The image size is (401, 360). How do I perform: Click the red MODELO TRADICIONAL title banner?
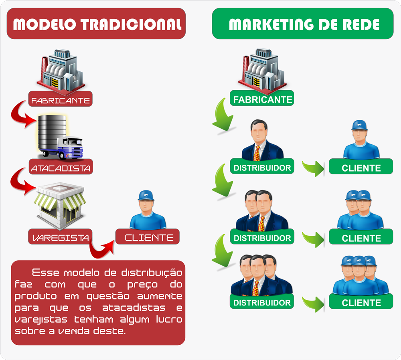point(96,24)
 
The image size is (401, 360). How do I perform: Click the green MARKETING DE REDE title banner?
point(303,24)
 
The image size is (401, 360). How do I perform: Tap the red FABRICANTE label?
point(61,99)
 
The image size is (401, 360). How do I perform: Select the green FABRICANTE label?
point(262,98)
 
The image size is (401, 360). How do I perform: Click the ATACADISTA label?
point(61,167)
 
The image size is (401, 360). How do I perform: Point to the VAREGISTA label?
point(60,237)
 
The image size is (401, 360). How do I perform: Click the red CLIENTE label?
point(148,237)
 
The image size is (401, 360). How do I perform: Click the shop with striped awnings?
point(60,205)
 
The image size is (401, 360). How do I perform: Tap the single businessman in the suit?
point(262,140)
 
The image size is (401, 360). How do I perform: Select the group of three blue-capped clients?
point(361,276)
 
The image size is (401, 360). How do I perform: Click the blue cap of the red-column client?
point(146,195)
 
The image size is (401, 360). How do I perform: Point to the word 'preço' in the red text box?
point(142,285)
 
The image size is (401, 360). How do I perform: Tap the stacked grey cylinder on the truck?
point(52,132)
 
